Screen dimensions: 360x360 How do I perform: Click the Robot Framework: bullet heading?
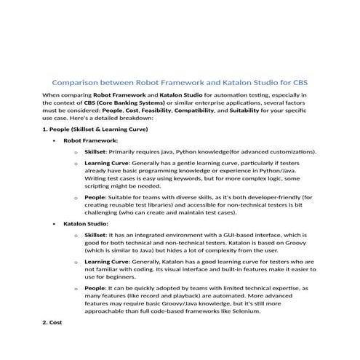pyautogui.click(x=90, y=140)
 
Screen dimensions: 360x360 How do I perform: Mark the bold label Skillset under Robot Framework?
pyautogui.click(x=95, y=152)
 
